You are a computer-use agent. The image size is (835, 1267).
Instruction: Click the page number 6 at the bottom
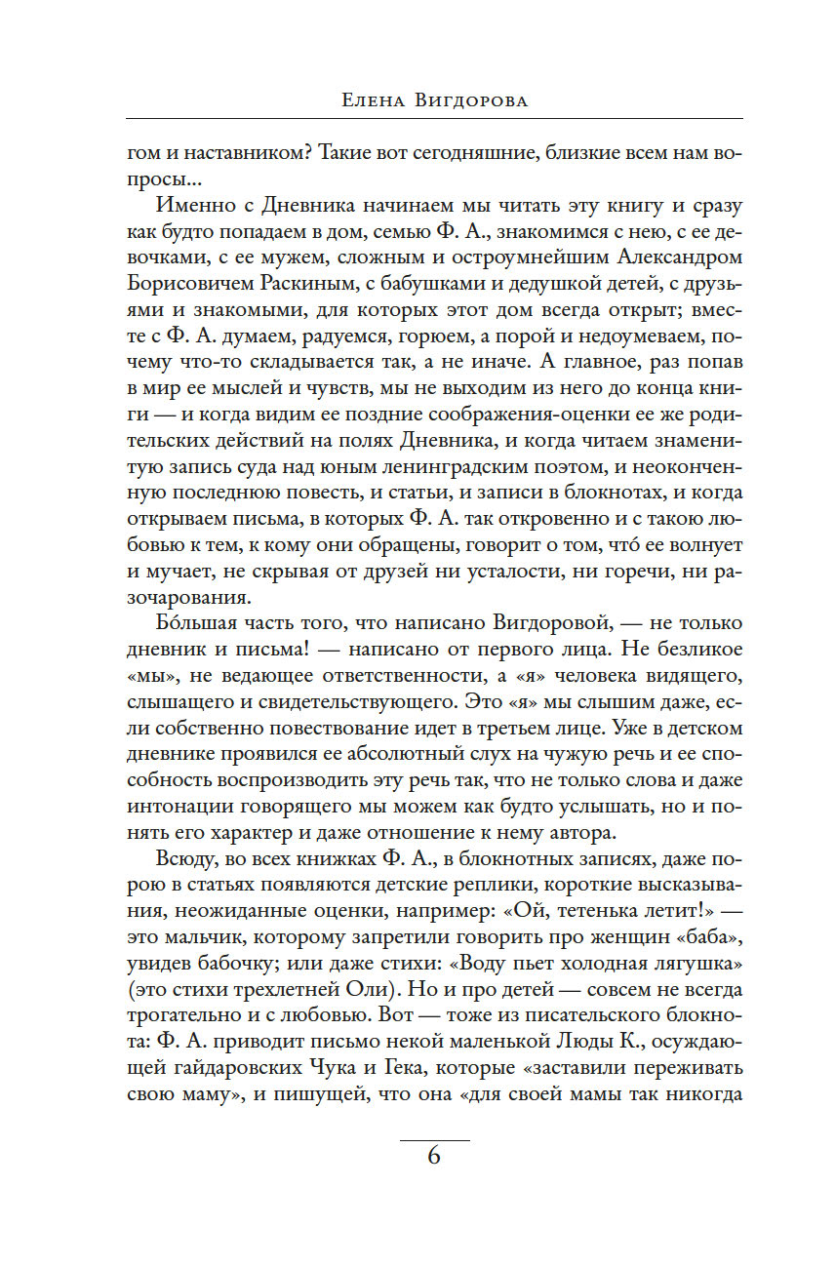[434, 1156]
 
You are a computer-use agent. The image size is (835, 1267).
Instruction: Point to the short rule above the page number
[434, 1139]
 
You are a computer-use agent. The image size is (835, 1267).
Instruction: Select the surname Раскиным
[313, 291]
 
